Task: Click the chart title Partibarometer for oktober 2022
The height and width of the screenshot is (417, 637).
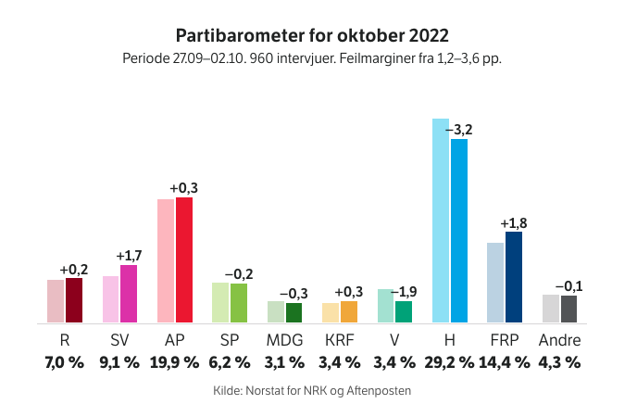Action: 312,35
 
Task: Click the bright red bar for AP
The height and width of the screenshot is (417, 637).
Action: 184,259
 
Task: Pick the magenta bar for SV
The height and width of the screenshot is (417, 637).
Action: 129,294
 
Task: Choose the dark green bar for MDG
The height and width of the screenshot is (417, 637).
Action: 294,312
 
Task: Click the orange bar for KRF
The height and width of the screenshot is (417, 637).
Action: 349,311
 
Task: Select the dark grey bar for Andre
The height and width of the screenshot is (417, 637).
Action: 568,309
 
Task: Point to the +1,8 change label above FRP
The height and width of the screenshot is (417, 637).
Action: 514,223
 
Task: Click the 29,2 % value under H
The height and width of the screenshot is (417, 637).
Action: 450,362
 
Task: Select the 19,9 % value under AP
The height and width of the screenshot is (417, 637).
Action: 174,362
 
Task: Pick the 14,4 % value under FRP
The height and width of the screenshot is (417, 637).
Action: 505,362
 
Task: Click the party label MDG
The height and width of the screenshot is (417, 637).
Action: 284,339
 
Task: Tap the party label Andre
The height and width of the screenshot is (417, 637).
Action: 559,339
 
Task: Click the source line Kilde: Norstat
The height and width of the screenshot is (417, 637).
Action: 312,391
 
